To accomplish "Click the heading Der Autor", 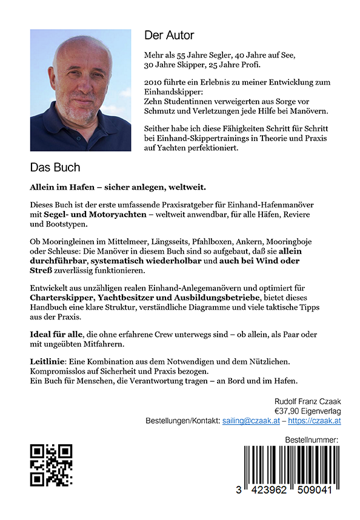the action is [169, 35].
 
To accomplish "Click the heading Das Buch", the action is [55, 167].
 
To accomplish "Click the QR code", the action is [52, 465].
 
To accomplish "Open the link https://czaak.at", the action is [314, 421].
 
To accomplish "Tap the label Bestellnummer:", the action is [311, 440].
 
